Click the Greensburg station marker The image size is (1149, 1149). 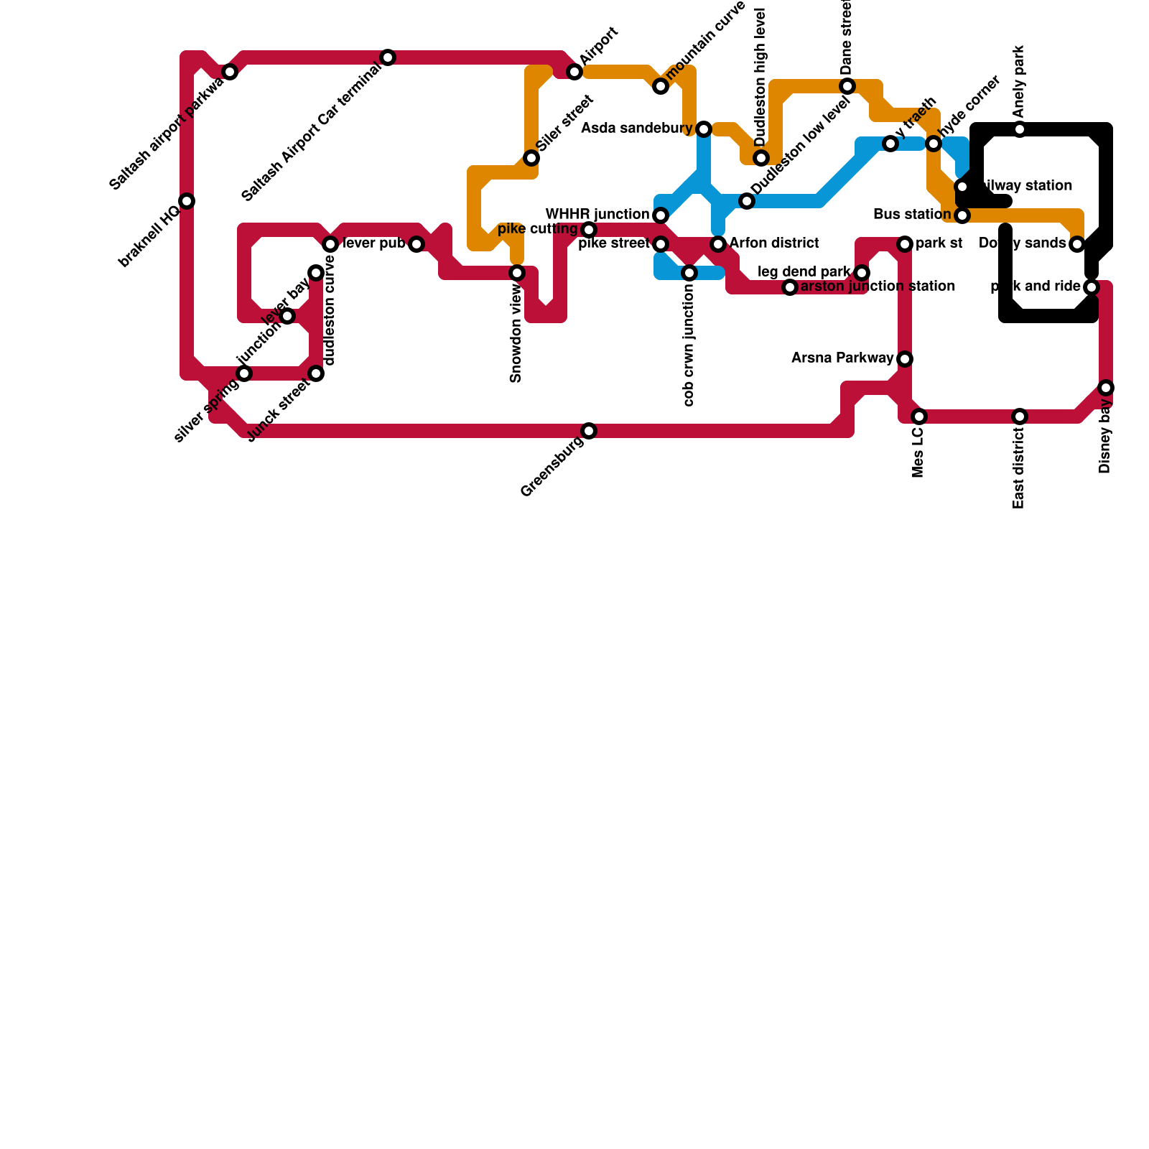(589, 431)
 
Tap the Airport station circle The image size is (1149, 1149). (574, 72)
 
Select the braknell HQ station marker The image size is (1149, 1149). (187, 201)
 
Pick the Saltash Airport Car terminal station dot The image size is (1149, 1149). (388, 57)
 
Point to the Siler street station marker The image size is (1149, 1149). (531, 158)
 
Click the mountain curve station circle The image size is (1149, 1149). (661, 86)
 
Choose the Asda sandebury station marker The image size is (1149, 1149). (704, 129)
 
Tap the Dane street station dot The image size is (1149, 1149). (847, 86)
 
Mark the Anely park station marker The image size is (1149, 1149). (1020, 129)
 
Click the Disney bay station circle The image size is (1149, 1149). (1106, 388)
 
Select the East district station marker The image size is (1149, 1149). (1020, 417)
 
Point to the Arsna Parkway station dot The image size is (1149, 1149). (905, 359)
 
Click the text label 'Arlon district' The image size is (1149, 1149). (774, 243)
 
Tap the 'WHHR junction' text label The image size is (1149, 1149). (597, 215)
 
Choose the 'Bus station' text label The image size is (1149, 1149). (912, 215)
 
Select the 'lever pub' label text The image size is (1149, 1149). (373, 243)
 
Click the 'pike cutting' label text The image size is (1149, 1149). (537, 229)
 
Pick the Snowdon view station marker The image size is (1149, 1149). (517, 273)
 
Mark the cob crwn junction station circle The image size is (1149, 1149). (689, 273)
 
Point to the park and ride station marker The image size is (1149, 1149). (1092, 287)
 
